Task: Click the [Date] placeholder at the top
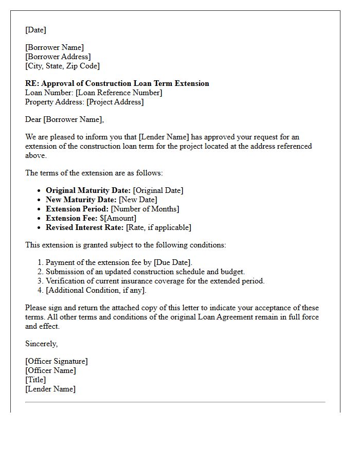(x=35, y=30)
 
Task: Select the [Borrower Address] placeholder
(x=58, y=57)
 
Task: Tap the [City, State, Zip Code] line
(x=62, y=66)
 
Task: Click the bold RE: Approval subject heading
(x=117, y=83)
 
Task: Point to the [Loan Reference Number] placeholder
(x=119, y=93)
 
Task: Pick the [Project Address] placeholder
(x=115, y=102)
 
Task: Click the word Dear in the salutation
(x=33, y=119)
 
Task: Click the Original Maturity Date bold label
(x=88, y=190)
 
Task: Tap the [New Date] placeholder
(x=138, y=200)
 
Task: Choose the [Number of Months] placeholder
(x=145, y=209)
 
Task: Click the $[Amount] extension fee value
(x=118, y=218)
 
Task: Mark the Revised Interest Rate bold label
(x=85, y=227)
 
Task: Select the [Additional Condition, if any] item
(x=96, y=290)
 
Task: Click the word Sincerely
(x=41, y=344)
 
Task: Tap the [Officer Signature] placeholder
(x=56, y=361)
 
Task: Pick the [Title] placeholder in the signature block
(x=35, y=380)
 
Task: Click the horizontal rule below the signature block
(x=175, y=402)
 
